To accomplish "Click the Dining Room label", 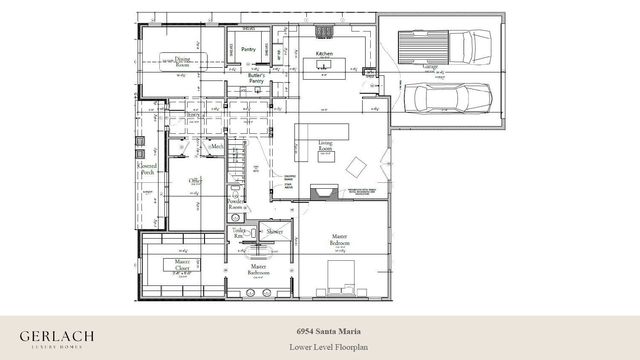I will pyautogui.click(x=182, y=62).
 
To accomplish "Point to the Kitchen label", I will pyautogui.click(x=324, y=52).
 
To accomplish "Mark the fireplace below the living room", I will pyautogui.click(x=322, y=193).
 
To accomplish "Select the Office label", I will pyautogui.click(x=196, y=181).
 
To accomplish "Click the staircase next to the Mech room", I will pyautogui.click(x=238, y=158).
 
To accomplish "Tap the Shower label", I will pyautogui.click(x=274, y=231).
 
